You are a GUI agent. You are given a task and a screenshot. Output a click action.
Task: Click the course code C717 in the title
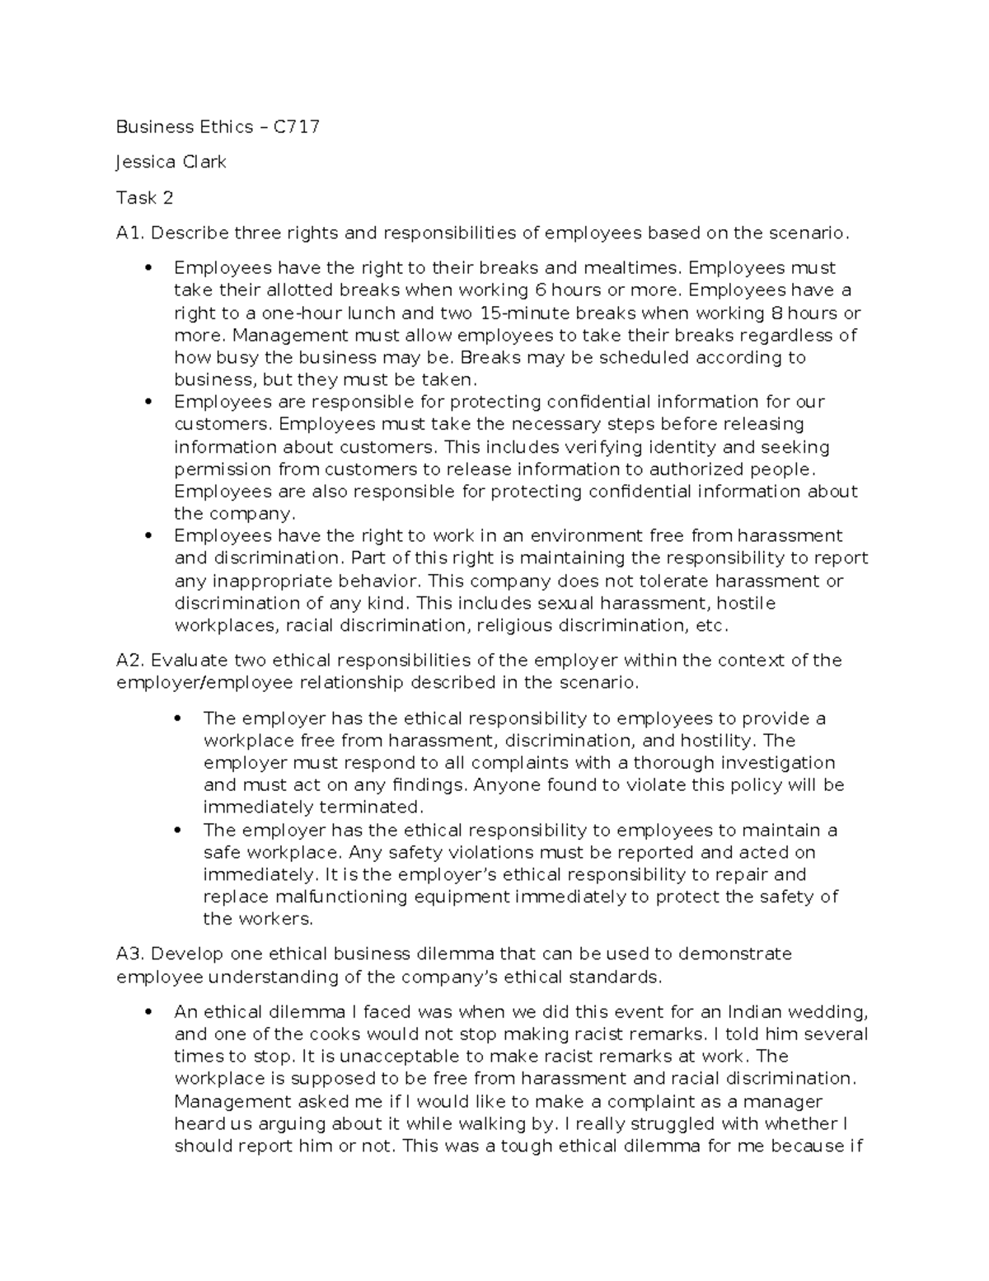click(297, 127)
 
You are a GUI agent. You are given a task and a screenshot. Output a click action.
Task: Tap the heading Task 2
click(145, 198)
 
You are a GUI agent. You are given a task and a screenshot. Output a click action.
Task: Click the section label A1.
click(130, 233)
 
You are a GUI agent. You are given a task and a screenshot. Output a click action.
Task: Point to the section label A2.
click(131, 661)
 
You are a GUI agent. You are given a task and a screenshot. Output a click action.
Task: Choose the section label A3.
click(131, 954)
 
